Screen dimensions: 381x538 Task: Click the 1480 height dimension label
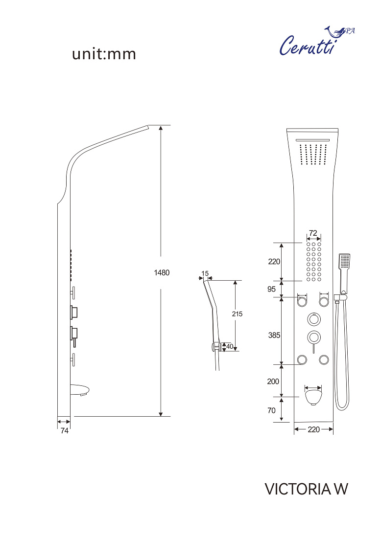click(162, 273)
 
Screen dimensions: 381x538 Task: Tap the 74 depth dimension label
click(65, 430)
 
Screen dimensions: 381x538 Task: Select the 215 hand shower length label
click(237, 314)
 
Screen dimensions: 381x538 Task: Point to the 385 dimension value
click(274, 335)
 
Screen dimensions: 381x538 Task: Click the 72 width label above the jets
click(313, 233)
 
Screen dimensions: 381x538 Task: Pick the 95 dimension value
click(271, 289)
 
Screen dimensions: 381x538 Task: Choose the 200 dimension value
click(273, 381)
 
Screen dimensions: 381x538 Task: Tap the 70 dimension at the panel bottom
click(271, 410)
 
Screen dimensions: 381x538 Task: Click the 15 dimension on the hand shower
click(205, 273)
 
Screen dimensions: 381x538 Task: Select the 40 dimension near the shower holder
click(230, 347)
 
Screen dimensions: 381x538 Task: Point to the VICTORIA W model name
click(307, 489)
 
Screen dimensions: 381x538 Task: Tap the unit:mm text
click(104, 54)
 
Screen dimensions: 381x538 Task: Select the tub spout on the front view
click(313, 397)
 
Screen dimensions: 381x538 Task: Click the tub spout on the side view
click(80, 390)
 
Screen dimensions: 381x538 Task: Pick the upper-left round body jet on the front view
click(302, 302)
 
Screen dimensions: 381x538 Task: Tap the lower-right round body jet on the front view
click(324, 360)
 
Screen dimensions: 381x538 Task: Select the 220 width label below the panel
click(313, 429)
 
